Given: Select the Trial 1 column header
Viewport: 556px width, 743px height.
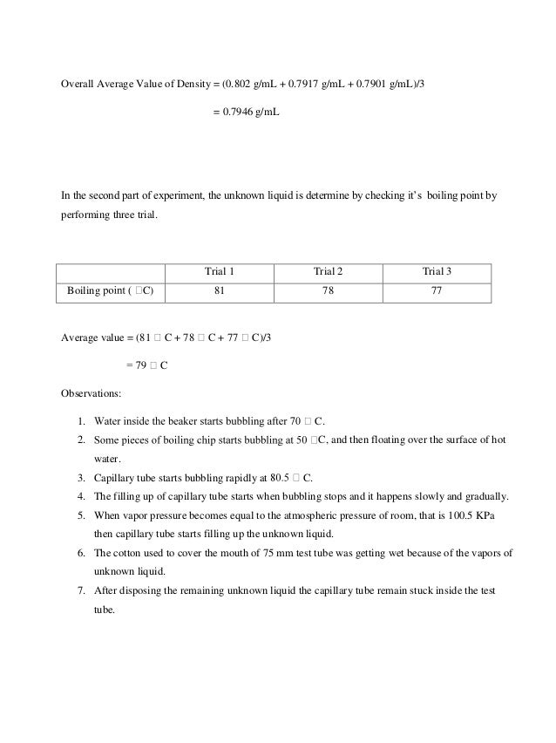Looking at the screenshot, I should click(x=220, y=271).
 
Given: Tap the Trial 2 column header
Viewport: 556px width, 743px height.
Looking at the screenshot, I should click(x=328, y=271).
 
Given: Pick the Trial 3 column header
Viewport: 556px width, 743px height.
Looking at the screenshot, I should click(x=437, y=271).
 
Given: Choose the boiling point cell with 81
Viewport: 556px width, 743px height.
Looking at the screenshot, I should click(x=220, y=291).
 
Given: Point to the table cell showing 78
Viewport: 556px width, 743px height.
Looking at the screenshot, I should click(x=328, y=291).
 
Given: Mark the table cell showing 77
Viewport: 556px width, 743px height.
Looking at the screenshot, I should click(x=437, y=291).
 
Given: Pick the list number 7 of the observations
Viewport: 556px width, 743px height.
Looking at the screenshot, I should click(x=80, y=592).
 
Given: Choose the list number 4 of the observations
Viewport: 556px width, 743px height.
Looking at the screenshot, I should click(x=80, y=497).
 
